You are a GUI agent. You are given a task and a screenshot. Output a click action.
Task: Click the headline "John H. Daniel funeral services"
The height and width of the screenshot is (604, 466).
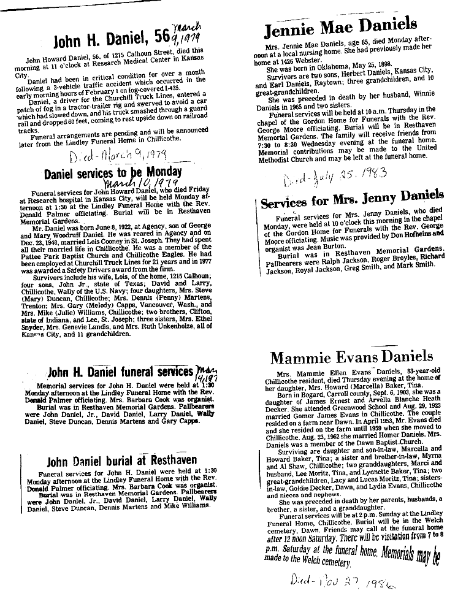[x=120, y=372]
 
